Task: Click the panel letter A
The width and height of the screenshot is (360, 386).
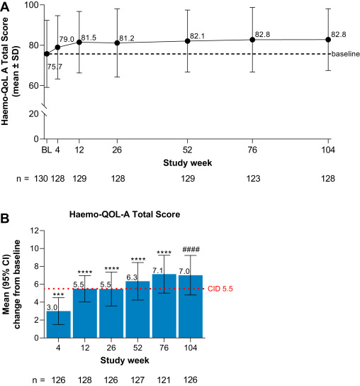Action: click(x=6, y=6)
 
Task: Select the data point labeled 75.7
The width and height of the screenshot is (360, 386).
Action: click(x=47, y=53)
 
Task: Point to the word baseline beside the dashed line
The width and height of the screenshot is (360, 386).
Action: click(x=347, y=54)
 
